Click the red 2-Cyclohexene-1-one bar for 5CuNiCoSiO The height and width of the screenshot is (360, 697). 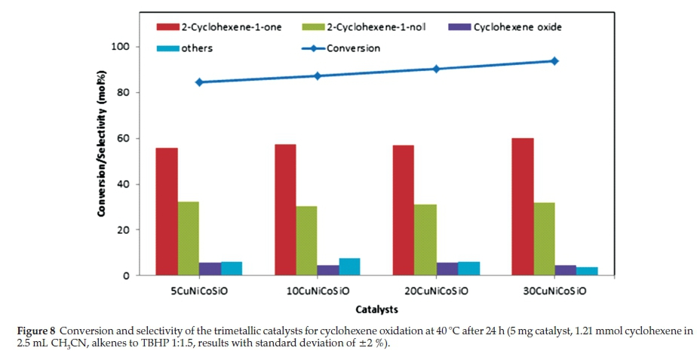[x=167, y=211]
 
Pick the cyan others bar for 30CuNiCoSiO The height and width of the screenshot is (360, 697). [x=587, y=272]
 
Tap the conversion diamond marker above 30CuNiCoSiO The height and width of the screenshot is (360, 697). [x=554, y=60]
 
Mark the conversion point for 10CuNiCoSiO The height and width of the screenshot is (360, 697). [x=318, y=75]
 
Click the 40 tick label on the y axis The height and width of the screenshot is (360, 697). [x=121, y=184]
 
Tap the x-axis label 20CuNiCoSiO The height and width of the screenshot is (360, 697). [x=435, y=291]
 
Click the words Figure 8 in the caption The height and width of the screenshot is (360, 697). [x=35, y=332]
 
